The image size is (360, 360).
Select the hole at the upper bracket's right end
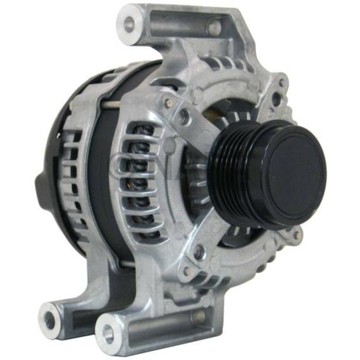[x=214, y=27]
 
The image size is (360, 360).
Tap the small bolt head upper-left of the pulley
[x=168, y=103]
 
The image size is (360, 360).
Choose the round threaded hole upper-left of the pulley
[x=184, y=117]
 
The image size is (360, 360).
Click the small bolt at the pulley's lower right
[x=297, y=236]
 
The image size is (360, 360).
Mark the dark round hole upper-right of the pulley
[x=277, y=98]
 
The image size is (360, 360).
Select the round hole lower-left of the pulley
[x=200, y=252]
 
